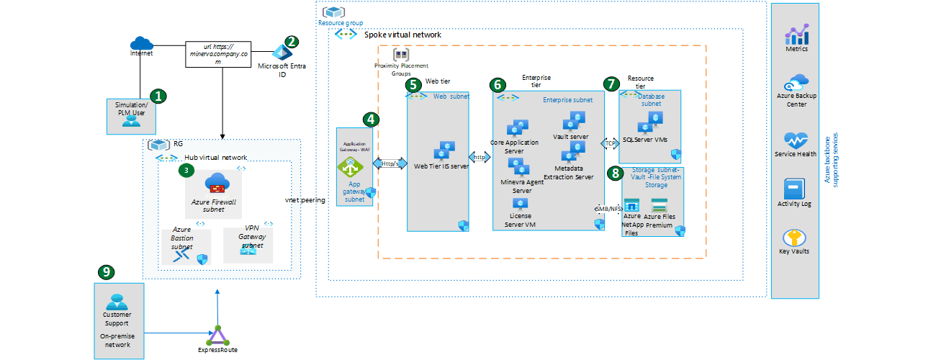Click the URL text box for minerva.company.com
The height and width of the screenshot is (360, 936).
[x=222, y=54]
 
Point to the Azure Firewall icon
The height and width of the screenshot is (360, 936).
[x=216, y=183]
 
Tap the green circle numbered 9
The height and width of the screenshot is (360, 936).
[x=106, y=271]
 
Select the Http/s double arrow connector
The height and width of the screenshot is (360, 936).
[x=389, y=163]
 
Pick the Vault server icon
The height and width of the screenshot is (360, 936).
[x=575, y=121]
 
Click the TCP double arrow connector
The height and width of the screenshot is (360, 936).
[x=609, y=143]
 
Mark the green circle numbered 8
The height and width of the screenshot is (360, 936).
[x=614, y=173]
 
